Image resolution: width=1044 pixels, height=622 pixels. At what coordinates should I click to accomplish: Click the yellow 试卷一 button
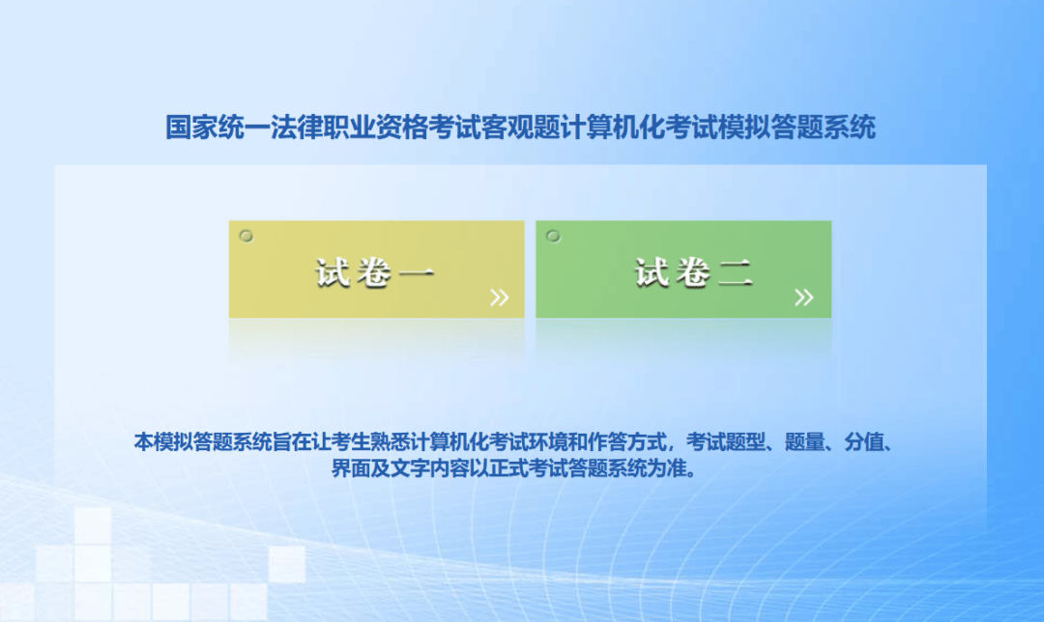[x=376, y=269]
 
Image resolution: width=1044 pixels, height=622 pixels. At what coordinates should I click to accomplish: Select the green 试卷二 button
[x=683, y=269]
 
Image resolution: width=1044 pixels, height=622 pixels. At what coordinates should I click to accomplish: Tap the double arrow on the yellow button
[x=500, y=297]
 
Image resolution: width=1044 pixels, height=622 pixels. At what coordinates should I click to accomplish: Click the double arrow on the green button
[x=804, y=297]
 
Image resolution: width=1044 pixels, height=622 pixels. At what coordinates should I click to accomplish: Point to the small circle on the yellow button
[x=246, y=237]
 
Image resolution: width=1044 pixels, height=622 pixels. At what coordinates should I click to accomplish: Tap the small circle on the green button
[x=553, y=237]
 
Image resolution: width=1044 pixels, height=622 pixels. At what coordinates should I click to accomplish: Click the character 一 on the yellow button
[x=417, y=272]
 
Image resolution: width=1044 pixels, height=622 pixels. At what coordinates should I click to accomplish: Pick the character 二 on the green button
[x=736, y=272]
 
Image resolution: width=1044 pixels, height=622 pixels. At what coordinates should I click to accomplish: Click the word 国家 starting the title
[x=191, y=127]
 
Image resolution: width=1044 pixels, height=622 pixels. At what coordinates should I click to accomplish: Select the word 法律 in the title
[x=297, y=127]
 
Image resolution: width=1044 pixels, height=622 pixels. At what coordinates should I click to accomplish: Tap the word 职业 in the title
[x=349, y=127]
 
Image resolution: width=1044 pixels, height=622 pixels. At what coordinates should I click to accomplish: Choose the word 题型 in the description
[x=745, y=441]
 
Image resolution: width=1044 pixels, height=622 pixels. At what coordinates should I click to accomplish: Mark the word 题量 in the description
[x=805, y=441]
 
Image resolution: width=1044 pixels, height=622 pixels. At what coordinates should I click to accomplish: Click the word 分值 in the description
[x=864, y=441]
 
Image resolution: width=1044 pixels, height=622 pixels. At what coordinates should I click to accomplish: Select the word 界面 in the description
[x=352, y=468]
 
